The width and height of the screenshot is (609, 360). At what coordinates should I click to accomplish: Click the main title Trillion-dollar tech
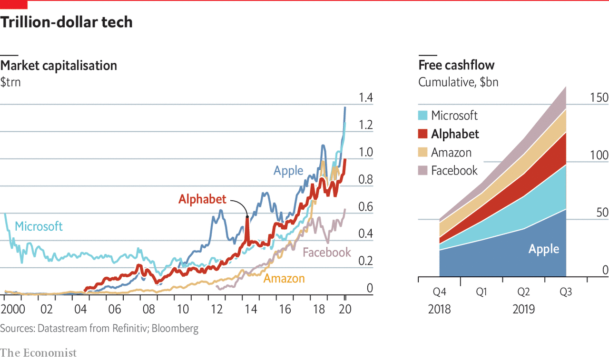[x=67, y=22]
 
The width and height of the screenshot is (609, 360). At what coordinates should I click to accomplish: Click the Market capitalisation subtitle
[x=59, y=65]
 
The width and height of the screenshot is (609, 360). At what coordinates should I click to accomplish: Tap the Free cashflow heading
[x=456, y=65]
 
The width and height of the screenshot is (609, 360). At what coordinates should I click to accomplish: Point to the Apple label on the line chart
[x=288, y=171]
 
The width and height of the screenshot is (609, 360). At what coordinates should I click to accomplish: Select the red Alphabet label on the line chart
[x=202, y=199]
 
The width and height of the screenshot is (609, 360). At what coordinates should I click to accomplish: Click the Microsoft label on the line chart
[x=39, y=226]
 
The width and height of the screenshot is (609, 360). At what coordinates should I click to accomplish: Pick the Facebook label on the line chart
[x=327, y=253]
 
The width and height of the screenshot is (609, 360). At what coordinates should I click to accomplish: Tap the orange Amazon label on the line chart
[x=284, y=278]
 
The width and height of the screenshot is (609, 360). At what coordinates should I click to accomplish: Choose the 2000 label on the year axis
[x=12, y=309]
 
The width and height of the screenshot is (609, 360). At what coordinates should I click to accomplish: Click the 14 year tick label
[x=251, y=309]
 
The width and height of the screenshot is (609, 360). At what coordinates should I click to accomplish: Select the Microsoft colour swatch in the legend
[x=422, y=116]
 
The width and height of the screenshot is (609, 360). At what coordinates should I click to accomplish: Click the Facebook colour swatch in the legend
[x=422, y=171]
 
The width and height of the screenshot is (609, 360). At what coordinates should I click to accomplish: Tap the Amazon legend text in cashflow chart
[x=451, y=153]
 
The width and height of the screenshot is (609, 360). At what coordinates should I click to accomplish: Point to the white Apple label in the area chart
[x=544, y=249]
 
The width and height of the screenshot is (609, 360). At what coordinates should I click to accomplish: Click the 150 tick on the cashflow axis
[x=599, y=98]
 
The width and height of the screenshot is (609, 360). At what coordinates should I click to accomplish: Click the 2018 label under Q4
[x=439, y=310]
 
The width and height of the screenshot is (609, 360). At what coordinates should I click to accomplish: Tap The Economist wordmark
[x=38, y=352]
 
